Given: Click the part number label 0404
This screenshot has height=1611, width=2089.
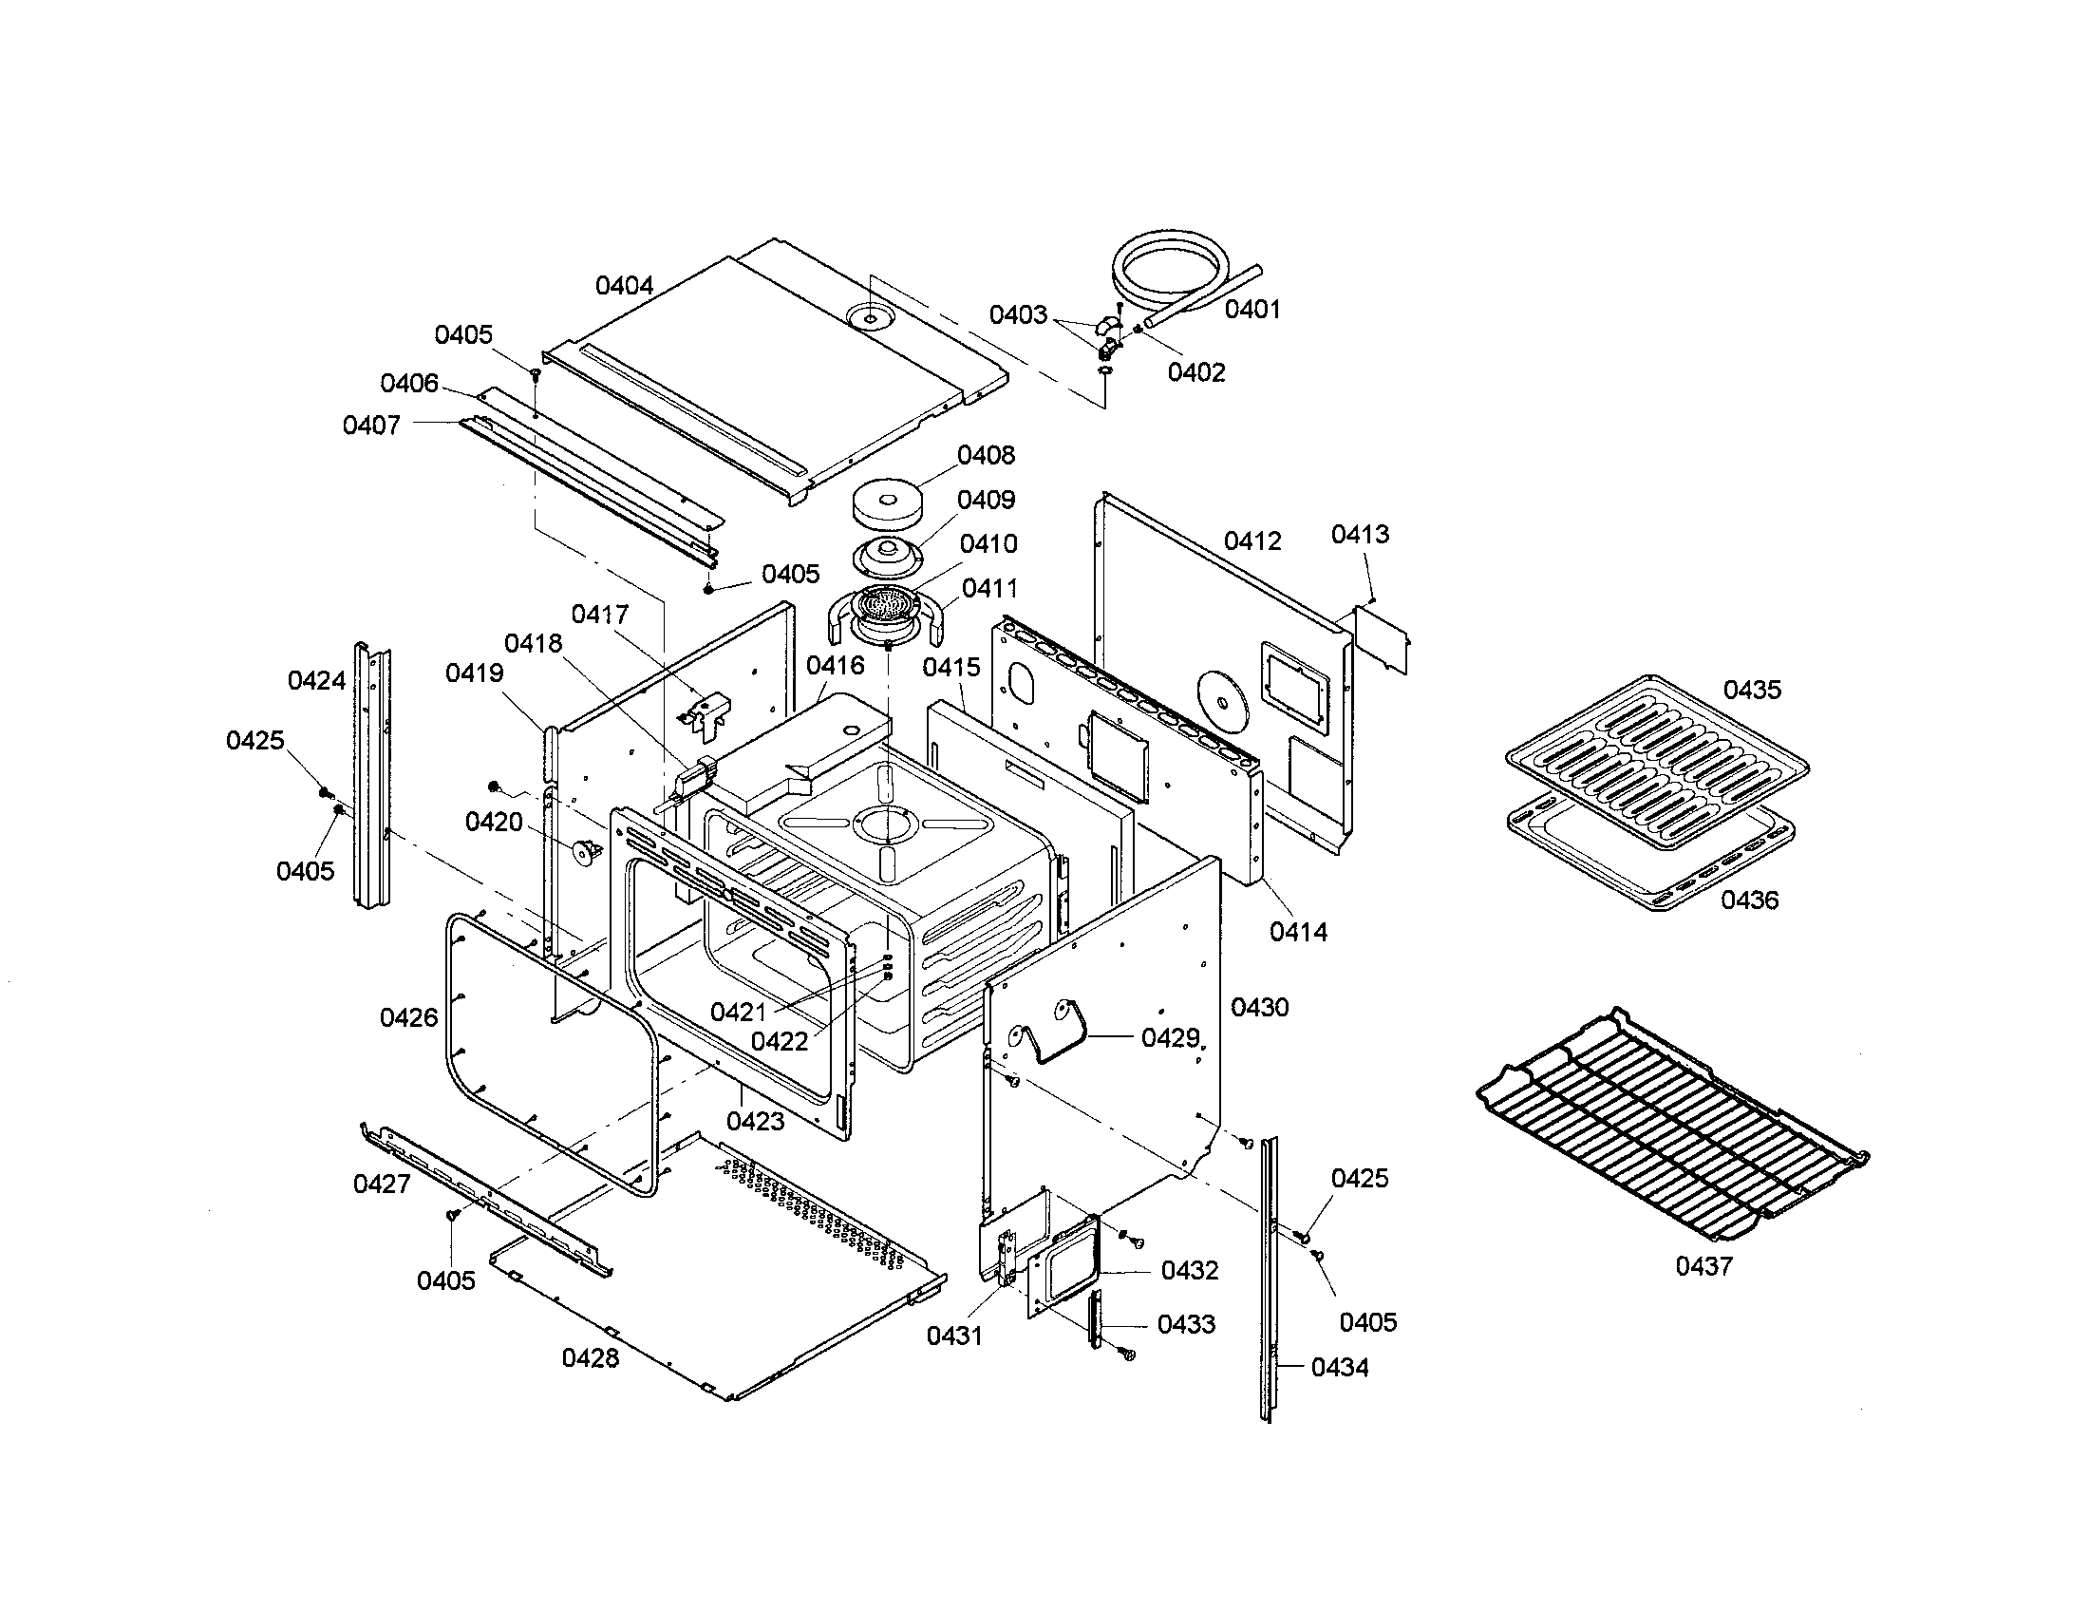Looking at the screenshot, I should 625,285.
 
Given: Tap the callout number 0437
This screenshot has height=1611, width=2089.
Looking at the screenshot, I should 1703,1265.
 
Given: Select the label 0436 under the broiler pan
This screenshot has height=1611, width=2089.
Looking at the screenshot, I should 1749,900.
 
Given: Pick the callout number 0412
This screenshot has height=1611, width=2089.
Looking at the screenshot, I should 1252,540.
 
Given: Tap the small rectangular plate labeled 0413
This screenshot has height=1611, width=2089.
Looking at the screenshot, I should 1382,637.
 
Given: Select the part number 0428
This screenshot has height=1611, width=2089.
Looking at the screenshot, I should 591,1357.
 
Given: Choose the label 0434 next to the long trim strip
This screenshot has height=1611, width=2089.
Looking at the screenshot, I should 1339,1367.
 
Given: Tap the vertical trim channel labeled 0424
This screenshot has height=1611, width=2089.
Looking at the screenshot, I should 373,775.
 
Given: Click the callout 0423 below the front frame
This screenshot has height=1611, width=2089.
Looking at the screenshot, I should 755,1120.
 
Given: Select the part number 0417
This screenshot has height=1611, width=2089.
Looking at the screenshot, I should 600,615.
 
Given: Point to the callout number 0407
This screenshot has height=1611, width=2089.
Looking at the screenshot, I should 371,425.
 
